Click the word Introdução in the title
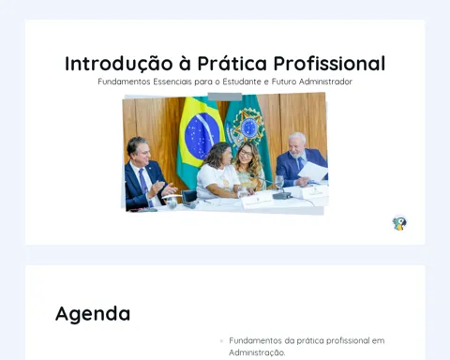point(119,64)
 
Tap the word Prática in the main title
point(232,64)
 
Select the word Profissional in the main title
point(329,64)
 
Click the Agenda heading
point(93,314)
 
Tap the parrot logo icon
point(399,223)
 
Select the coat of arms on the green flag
point(248,126)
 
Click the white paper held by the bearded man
point(313,172)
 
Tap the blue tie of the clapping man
point(144,186)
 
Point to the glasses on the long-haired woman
point(247,154)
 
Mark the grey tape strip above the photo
point(225,97)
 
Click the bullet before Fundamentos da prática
point(221,341)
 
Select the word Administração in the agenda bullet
point(257,352)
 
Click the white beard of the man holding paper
point(295,154)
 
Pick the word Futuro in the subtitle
point(284,82)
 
